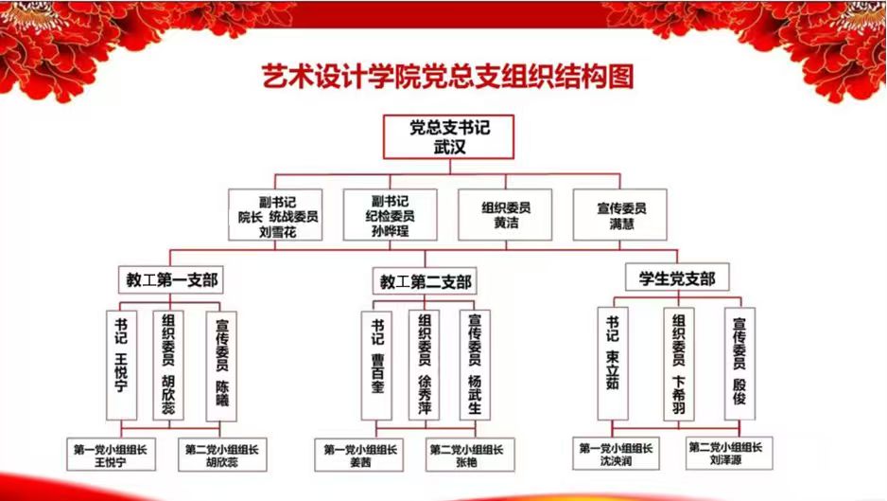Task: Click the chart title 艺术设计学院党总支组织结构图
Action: tap(447, 77)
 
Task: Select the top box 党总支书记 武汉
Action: tap(448, 136)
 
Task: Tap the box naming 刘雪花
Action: tap(275, 215)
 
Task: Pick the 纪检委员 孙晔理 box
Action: tap(390, 215)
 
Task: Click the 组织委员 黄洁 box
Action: tap(505, 215)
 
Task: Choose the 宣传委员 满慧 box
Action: tap(620, 215)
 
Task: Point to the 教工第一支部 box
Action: tap(171, 279)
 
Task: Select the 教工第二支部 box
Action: tap(425, 281)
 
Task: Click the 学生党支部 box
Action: tap(677, 277)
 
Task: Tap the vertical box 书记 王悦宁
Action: tap(122, 365)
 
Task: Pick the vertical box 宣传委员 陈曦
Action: tap(221, 367)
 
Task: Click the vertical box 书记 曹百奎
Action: tap(376, 366)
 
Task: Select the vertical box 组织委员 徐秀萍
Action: tap(425, 366)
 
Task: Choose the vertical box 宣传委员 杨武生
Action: tap(475, 366)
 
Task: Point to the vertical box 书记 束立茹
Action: tap(613, 364)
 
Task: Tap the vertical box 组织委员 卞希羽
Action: tap(679, 364)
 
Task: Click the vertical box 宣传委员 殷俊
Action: tap(739, 364)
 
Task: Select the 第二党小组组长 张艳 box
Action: tap(470, 455)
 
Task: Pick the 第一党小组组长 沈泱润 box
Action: tap(616, 454)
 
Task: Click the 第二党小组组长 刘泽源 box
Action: tap(729, 453)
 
